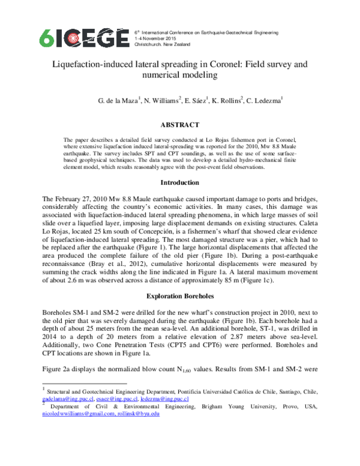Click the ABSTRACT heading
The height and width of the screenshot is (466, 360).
click(179, 125)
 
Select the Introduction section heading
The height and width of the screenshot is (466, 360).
click(179, 182)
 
